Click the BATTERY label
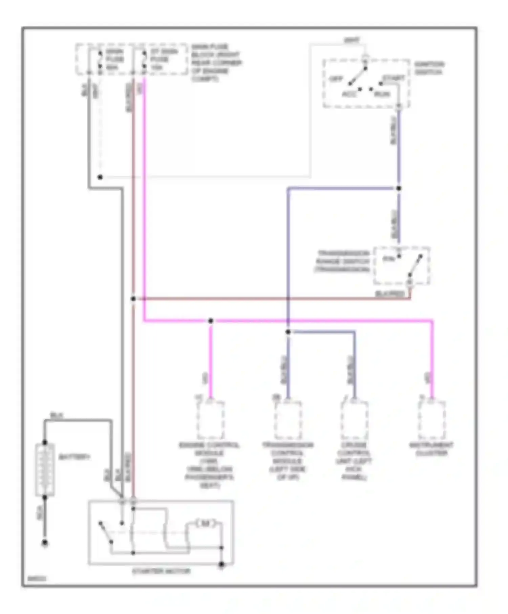pos(74,457)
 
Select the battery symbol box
pos(45,469)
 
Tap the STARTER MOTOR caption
pos(161,571)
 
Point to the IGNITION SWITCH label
pos(429,68)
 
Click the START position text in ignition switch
pos(394,78)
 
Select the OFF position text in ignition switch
pos(336,79)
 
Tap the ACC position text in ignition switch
pos(350,94)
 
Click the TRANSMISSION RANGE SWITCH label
pos(343,261)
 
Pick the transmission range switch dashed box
pos(402,266)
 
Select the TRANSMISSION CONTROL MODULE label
pos(288,461)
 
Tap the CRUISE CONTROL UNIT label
pos(354,461)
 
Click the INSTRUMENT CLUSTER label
pos(431,449)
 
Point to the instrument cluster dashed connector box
pos(431,420)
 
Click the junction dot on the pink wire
pos(211,321)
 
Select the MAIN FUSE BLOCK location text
pos(216,63)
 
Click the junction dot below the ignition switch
pos(399,188)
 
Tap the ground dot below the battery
pos(45,543)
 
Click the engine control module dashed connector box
pos(210,420)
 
